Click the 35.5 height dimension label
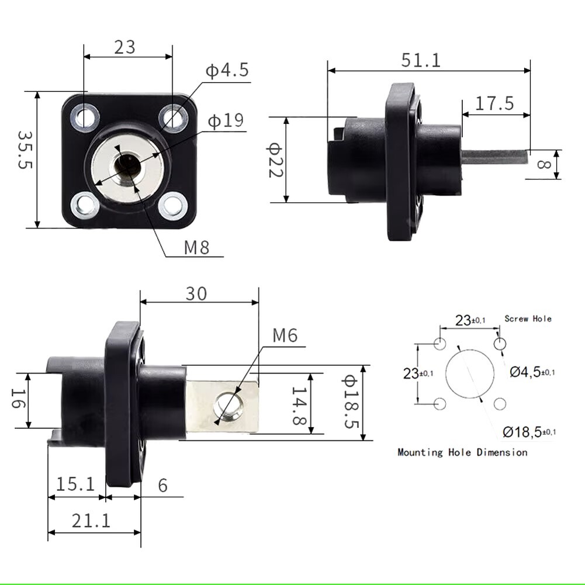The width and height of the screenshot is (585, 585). click(25, 150)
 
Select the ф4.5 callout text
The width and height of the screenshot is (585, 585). click(227, 70)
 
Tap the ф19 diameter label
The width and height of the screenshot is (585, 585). click(226, 120)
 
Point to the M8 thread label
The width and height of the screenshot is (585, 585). click(196, 247)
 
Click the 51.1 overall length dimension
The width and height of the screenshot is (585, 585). click(421, 60)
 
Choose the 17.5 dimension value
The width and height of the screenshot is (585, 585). click(494, 103)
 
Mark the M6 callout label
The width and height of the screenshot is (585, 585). click(285, 335)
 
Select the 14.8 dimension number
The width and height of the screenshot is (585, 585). click(299, 406)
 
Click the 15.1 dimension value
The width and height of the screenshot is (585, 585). click(75, 484)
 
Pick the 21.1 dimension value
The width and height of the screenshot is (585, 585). click(91, 521)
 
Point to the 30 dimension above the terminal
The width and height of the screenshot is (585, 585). click(196, 294)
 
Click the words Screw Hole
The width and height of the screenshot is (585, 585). click(528, 319)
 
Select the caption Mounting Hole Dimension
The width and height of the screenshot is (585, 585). click(463, 452)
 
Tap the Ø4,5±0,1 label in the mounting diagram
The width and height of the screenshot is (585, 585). click(532, 372)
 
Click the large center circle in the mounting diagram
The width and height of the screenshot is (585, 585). click(470, 373)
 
